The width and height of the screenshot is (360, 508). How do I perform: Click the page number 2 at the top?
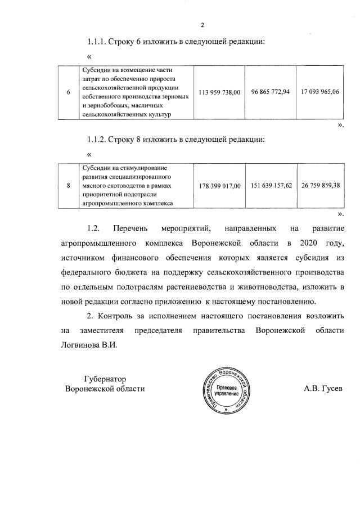202,25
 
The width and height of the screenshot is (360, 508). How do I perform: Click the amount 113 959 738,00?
220,92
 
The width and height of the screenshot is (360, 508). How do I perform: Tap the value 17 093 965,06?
320,92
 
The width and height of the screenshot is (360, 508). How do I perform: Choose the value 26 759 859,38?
320,185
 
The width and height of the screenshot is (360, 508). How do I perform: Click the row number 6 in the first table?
68,92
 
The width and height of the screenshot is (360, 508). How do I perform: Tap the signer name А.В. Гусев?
323,389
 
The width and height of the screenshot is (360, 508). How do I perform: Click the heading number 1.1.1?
99,42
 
